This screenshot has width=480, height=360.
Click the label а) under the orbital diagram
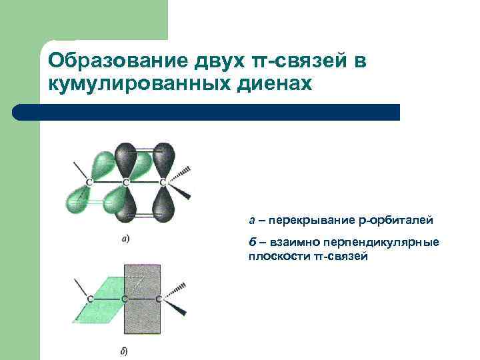click(x=125, y=238)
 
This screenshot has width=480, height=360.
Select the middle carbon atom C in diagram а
click(x=125, y=181)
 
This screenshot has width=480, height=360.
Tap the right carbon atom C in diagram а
click(x=162, y=181)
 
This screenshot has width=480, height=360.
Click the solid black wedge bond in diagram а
click(x=181, y=193)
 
